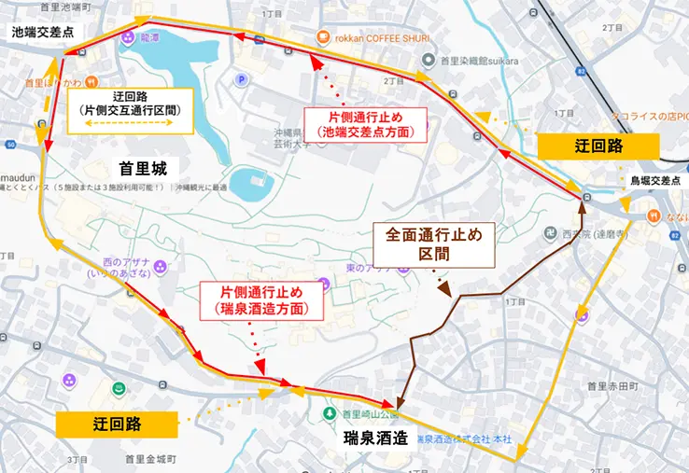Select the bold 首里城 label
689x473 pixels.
click(142, 169)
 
